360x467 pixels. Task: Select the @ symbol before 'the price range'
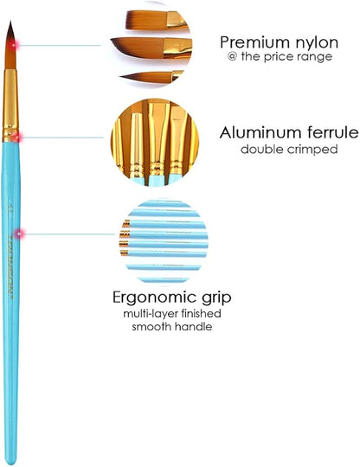[x=232, y=56]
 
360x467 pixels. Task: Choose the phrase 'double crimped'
[x=289, y=149]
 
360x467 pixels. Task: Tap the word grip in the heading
[x=216, y=297]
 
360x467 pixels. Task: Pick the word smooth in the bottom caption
[x=151, y=327]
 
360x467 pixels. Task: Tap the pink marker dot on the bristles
[x=14, y=45]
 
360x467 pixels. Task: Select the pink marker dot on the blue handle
[x=20, y=234]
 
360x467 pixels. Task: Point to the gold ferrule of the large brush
[x=10, y=106]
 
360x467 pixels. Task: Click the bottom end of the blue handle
[x=11, y=464]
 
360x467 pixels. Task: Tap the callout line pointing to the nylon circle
[x=60, y=46]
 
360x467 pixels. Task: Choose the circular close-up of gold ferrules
[x=155, y=143]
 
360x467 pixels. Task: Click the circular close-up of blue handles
[x=164, y=241]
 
